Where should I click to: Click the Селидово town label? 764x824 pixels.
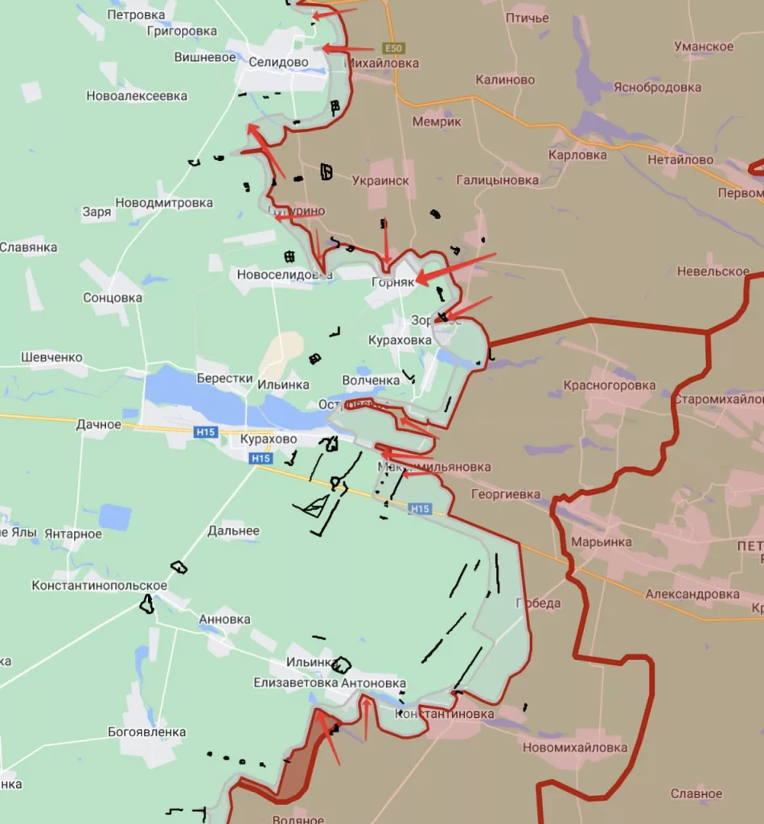277,62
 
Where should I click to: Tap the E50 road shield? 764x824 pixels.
394,48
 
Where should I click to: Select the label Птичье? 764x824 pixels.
528,18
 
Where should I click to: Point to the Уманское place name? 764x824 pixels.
704,47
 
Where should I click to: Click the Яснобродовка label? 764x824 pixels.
657,88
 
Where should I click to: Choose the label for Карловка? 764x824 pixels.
577,154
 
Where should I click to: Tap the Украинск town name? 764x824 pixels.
380,181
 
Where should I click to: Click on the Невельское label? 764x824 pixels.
713,272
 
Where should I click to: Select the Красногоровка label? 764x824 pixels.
621,385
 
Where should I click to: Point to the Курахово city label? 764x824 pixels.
269,440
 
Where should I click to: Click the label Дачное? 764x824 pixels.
99,424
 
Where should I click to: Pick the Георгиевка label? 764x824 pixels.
506,495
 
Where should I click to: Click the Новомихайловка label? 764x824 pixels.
574,748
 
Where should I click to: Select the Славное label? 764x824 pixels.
696,794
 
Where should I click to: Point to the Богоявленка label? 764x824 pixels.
147,732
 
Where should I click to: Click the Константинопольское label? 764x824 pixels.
100,586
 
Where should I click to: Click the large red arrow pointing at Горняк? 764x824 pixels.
454,268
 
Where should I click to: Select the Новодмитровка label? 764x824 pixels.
164,203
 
